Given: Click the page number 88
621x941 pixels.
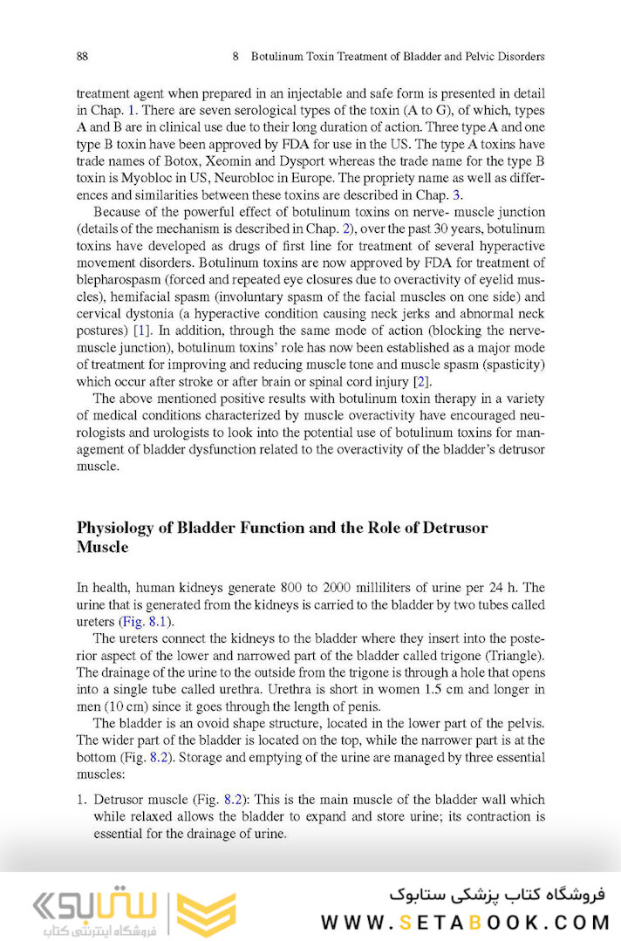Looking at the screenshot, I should [x=82, y=57].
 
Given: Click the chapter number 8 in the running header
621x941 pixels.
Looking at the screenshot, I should [x=236, y=57].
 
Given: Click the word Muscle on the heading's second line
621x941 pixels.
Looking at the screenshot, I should [x=102, y=547].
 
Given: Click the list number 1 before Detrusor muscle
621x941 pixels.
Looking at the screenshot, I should [x=81, y=799].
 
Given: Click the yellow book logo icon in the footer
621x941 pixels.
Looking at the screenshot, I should [x=206, y=913].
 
